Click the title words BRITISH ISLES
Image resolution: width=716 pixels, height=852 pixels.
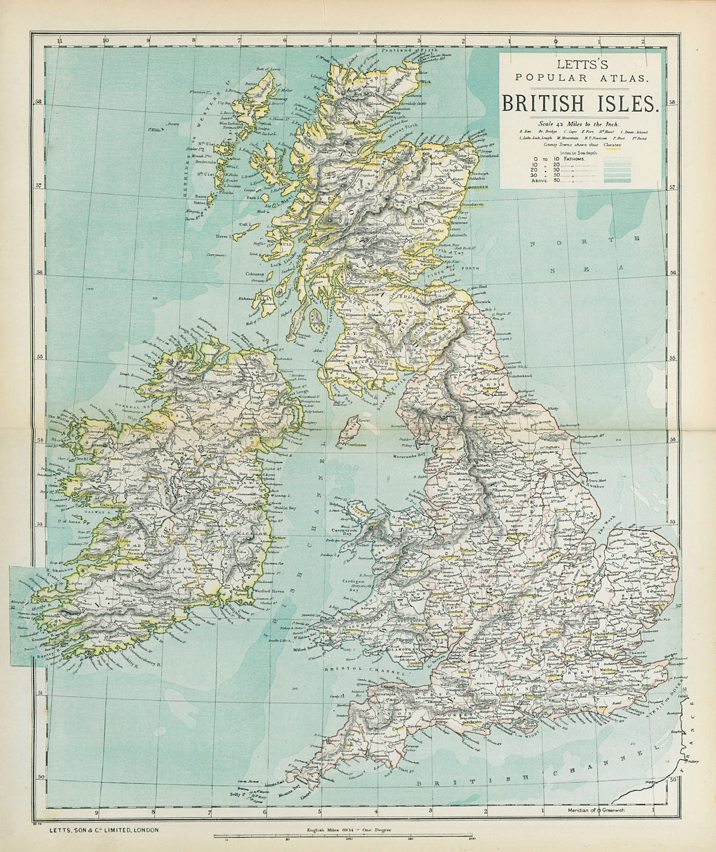click(580, 102)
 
